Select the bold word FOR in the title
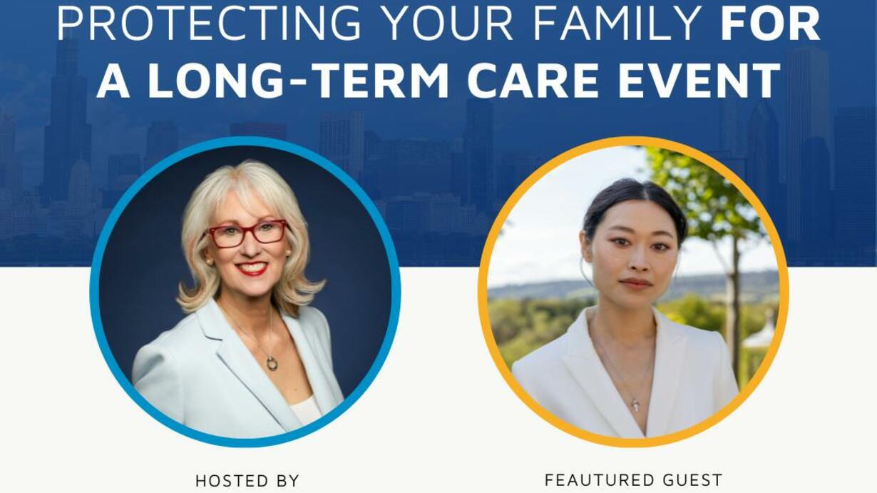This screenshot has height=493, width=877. (x=770, y=22)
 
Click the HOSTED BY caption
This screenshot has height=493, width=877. (x=247, y=481)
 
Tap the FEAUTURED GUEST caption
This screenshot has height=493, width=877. (x=633, y=480)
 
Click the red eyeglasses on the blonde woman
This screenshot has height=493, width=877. (x=247, y=233)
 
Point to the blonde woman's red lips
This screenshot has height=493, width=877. (x=252, y=268)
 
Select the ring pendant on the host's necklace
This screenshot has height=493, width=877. (x=272, y=363)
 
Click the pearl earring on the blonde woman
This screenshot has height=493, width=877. (x=209, y=261)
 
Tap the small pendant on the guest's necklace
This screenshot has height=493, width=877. (x=636, y=405)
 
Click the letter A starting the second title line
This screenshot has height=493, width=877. (x=113, y=81)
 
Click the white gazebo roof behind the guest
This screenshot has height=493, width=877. (x=759, y=333)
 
